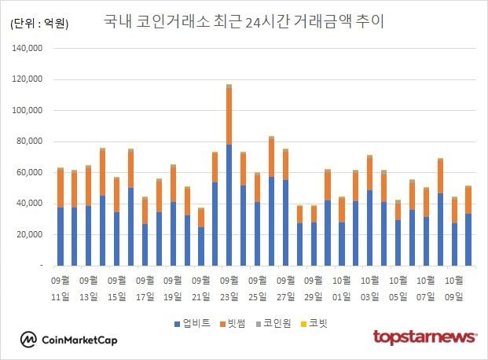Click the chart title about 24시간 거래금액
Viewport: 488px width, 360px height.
[x=244, y=21]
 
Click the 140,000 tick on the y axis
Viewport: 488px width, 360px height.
[x=29, y=49]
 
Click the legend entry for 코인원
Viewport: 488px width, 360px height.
[x=277, y=324]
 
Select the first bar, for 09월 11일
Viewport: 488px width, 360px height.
[x=60, y=220]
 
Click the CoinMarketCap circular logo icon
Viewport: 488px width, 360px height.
[x=29, y=340]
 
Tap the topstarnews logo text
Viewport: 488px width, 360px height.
[x=424, y=337]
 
